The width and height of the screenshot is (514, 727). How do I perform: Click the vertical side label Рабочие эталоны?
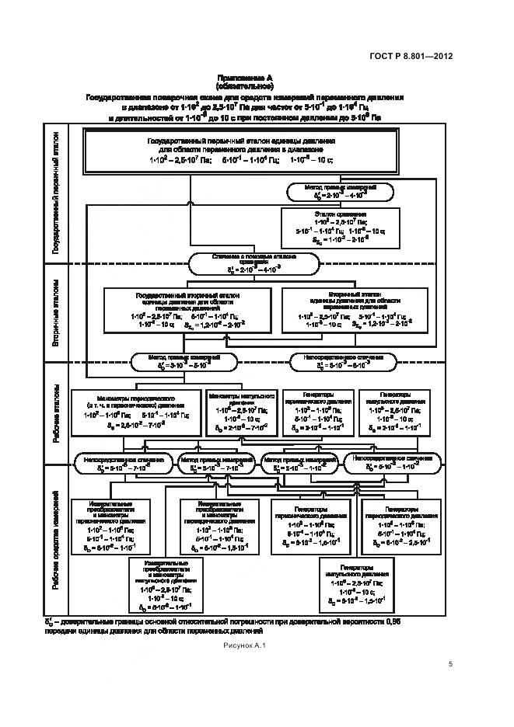click(x=56, y=415)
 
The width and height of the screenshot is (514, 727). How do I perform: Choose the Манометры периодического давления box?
click(x=137, y=410)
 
